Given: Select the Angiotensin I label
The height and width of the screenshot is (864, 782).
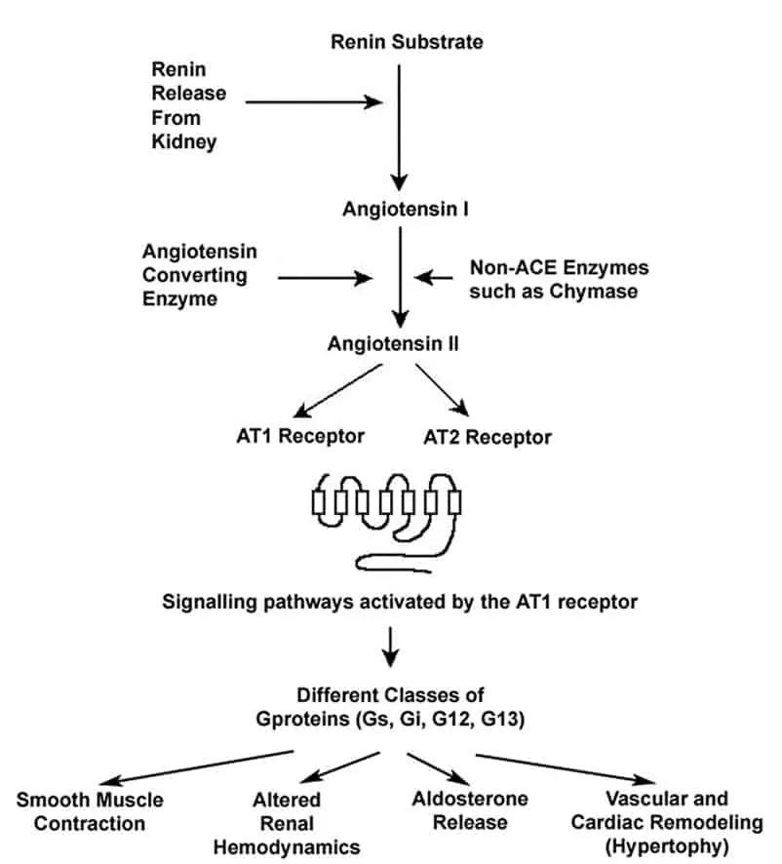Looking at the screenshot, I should tap(399, 209).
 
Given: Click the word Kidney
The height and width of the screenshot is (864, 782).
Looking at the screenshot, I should tap(182, 143).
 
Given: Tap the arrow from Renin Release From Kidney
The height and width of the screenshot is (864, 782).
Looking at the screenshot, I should tap(312, 100).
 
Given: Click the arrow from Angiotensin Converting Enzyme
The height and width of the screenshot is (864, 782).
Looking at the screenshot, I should tap(327, 278).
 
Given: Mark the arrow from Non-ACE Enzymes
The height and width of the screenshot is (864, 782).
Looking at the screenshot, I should tap(434, 278).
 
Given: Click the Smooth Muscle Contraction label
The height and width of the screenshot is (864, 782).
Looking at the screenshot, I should tap(91, 811).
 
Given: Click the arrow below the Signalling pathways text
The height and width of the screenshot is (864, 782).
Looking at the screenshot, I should tap(391, 644).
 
